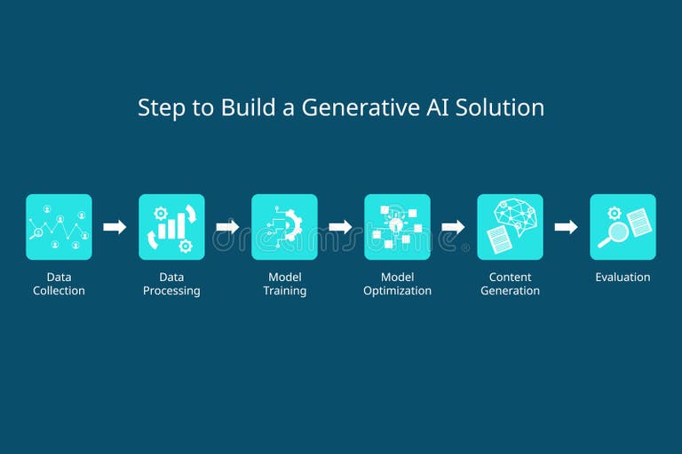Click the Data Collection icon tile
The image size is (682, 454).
tap(59, 227)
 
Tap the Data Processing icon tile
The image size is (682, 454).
tap(171, 227)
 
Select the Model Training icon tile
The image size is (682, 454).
tap(284, 227)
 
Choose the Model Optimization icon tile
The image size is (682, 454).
tap(397, 227)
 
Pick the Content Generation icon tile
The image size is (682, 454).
tap(510, 227)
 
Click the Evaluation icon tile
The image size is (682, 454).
tap(623, 227)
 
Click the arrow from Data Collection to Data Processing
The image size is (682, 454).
tap(115, 227)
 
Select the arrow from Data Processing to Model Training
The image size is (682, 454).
tap(227, 227)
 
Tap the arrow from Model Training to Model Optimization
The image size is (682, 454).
tap(340, 227)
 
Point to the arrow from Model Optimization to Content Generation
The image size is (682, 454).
tap(453, 227)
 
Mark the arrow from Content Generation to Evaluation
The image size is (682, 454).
tap(566, 227)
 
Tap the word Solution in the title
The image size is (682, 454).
tap(499, 107)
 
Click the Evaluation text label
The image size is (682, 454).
tap(623, 278)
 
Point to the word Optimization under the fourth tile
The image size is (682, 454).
tap(397, 291)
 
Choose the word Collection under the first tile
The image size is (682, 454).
tap(59, 291)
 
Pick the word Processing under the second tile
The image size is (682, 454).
tap(171, 291)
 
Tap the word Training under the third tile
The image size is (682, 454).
tap(284, 291)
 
